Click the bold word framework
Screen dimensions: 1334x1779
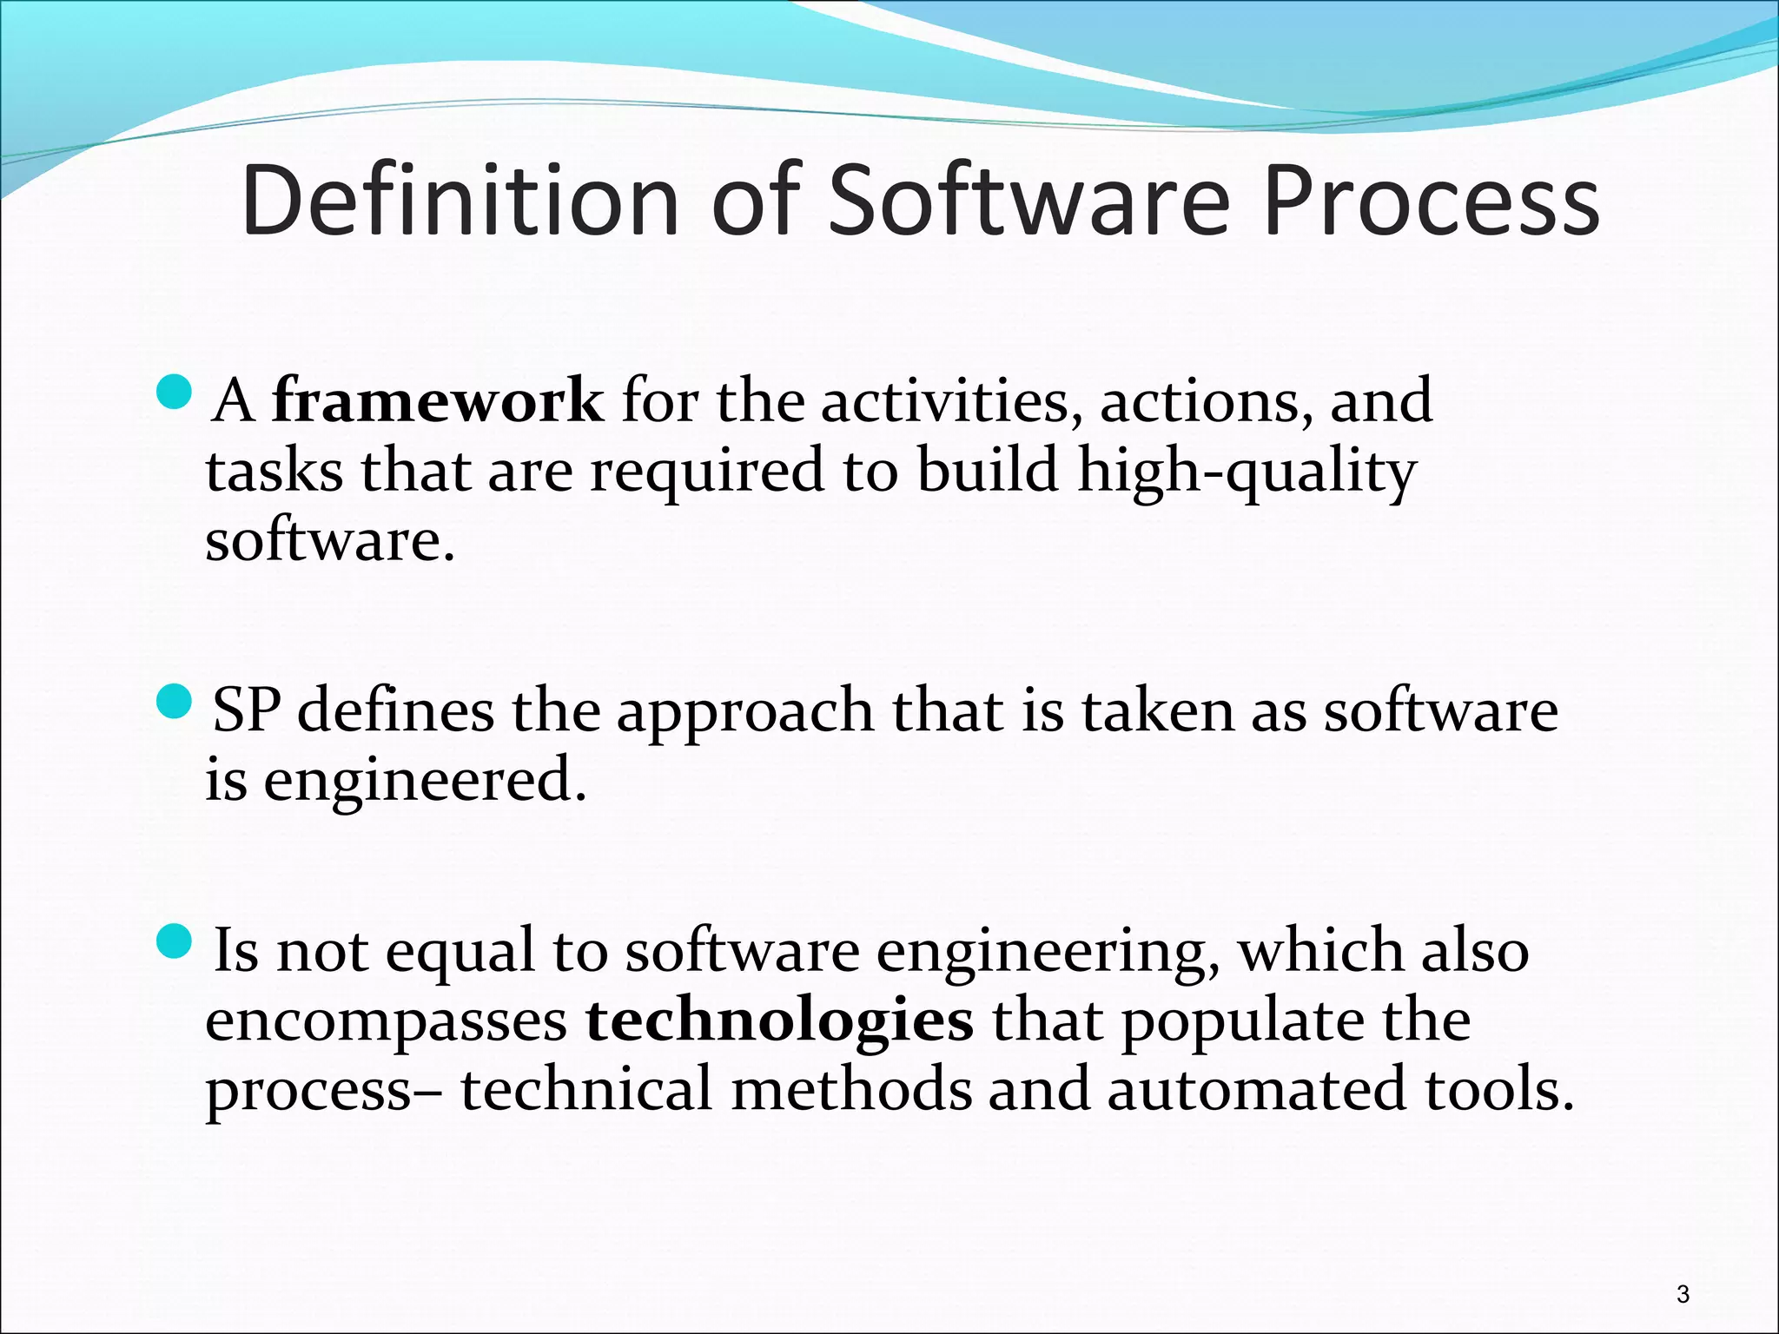[438, 401]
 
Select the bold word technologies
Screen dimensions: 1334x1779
[779, 1021]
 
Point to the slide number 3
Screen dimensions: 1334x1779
[1683, 1294]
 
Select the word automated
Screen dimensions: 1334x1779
[1256, 1090]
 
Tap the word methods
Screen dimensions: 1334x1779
[851, 1090]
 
